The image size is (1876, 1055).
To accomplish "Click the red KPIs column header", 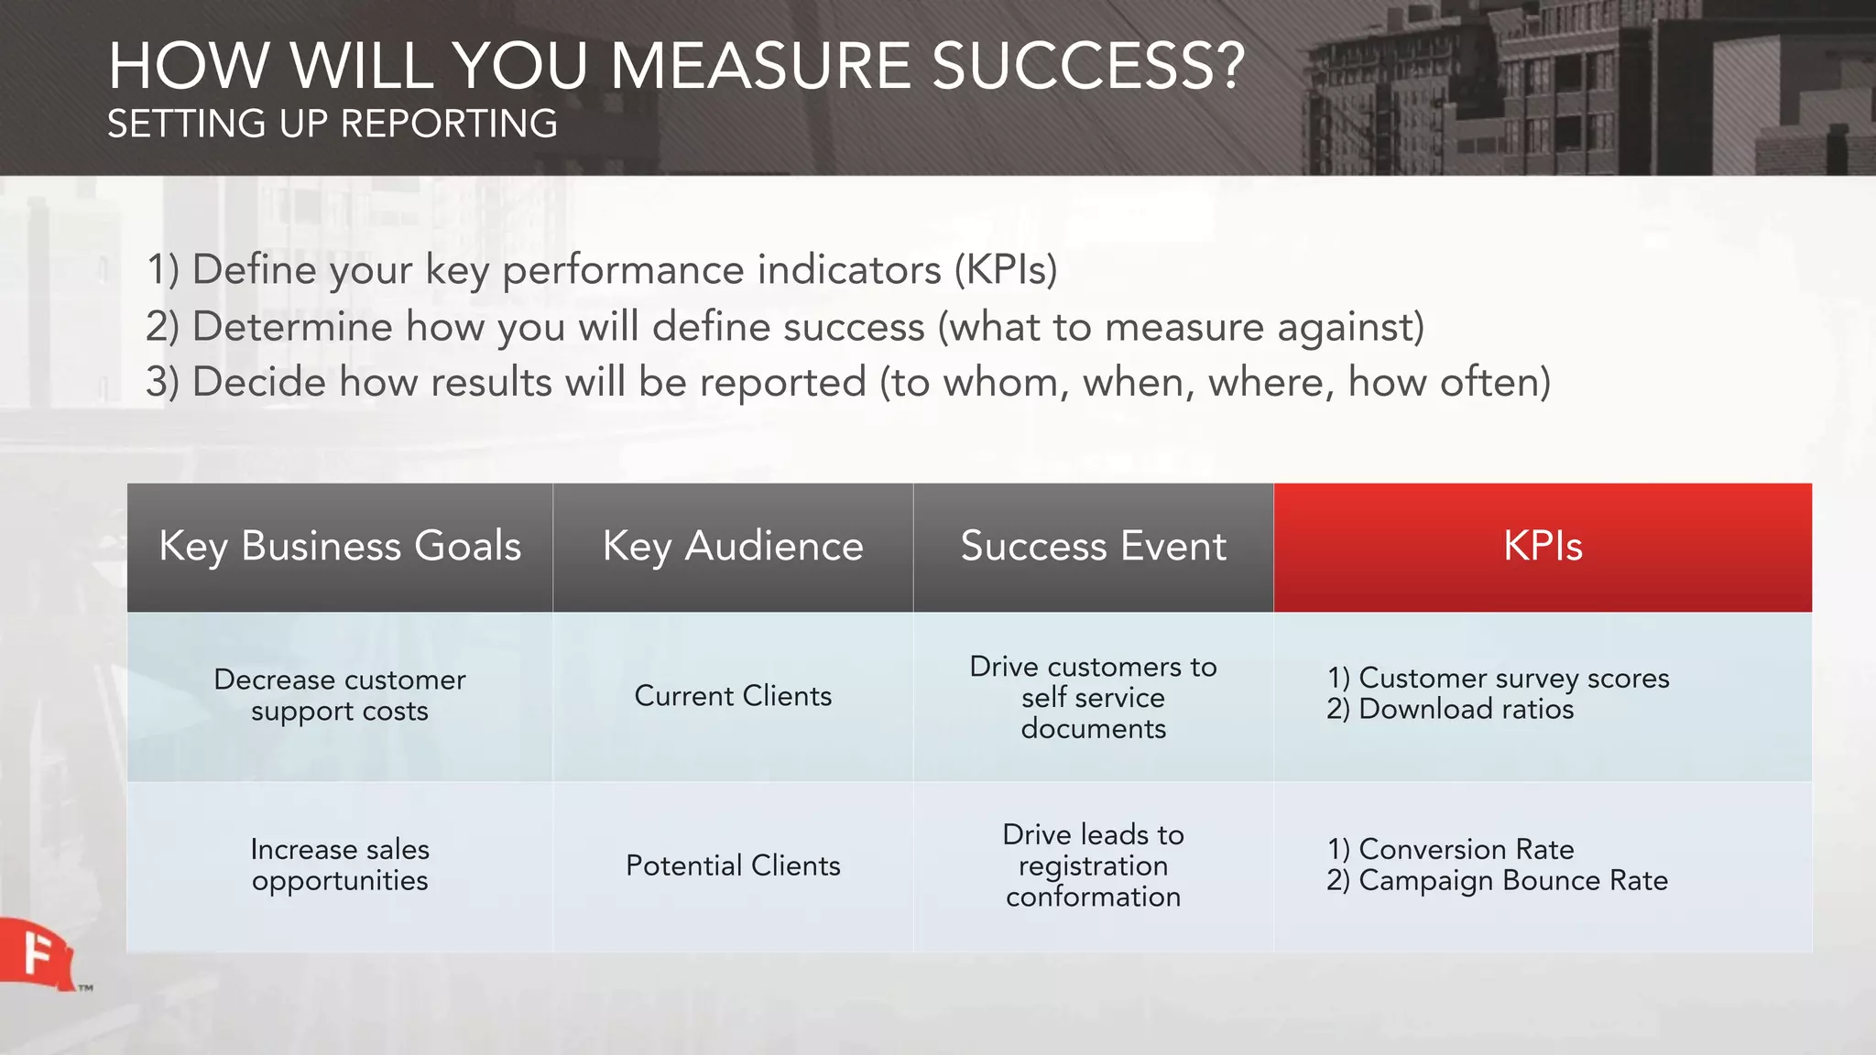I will point(1543,547).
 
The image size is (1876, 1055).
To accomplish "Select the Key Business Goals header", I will point(340,547).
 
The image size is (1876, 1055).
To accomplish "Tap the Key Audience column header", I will point(733,547).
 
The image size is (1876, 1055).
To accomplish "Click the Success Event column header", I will point(1093,547).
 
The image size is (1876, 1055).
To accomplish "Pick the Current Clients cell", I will point(733,696).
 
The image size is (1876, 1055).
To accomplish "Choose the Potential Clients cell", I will point(733,865).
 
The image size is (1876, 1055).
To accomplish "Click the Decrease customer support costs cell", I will point(340,695).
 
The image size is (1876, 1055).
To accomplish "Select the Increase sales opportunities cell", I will point(340,865).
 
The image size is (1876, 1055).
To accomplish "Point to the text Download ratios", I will point(1466,710).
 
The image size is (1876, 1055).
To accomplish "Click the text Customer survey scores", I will point(1513,679).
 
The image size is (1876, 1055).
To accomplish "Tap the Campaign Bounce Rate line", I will point(1512,881).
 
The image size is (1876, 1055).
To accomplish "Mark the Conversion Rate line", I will point(1466,850).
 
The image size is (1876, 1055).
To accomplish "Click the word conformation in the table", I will point(1093,897).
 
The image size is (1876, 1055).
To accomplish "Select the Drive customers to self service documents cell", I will point(1093,697).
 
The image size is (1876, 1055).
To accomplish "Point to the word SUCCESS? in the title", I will point(1087,66).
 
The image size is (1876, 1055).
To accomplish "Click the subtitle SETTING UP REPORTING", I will point(333,124).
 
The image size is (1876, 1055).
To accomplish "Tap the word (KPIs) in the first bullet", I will point(1005,270).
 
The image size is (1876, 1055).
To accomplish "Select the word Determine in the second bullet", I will point(292,327).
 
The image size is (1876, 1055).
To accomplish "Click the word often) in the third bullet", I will point(1495,382).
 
